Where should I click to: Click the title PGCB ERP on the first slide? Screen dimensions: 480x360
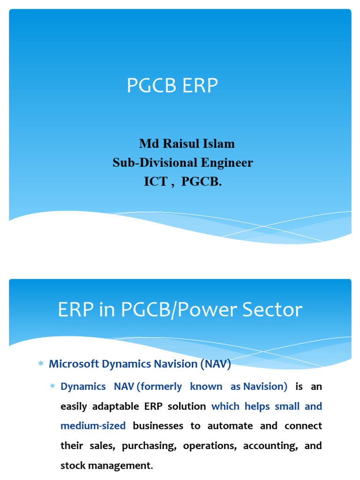(x=172, y=86)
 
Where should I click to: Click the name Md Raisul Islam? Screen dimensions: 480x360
(x=187, y=143)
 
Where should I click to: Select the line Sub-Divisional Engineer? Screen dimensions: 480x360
(x=182, y=163)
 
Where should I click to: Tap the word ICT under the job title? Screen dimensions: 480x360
(x=155, y=182)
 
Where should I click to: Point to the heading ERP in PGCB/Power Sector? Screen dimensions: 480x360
(x=180, y=310)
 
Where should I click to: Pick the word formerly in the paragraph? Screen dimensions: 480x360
(x=159, y=387)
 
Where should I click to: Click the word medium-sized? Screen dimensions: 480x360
(x=93, y=426)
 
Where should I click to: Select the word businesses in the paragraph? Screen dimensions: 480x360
(x=158, y=426)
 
